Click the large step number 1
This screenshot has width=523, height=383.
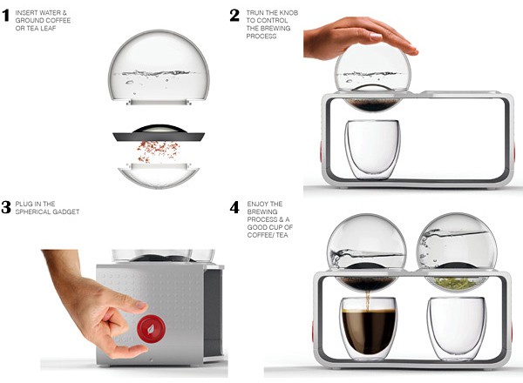pyautogui.click(x=5, y=16)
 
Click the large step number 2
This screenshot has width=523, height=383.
pyautogui.click(x=234, y=16)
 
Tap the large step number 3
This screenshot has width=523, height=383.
pyautogui.click(x=6, y=207)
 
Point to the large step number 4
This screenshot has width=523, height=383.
pyautogui.click(x=234, y=207)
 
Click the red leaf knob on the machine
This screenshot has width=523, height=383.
pyautogui.click(x=151, y=329)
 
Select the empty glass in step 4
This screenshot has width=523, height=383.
pyautogui.click(x=457, y=328)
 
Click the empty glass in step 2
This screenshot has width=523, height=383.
pyautogui.click(x=372, y=149)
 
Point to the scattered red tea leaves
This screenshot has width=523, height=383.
pyautogui.click(x=158, y=151)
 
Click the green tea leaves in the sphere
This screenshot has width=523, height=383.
pyautogui.click(x=457, y=283)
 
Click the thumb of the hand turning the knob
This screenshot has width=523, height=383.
pyautogui.click(x=132, y=351)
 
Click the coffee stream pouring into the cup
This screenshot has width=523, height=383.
pyautogui.click(x=368, y=300)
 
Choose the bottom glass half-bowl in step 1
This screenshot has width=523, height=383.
pyautogui.click(x=159, y=176)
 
